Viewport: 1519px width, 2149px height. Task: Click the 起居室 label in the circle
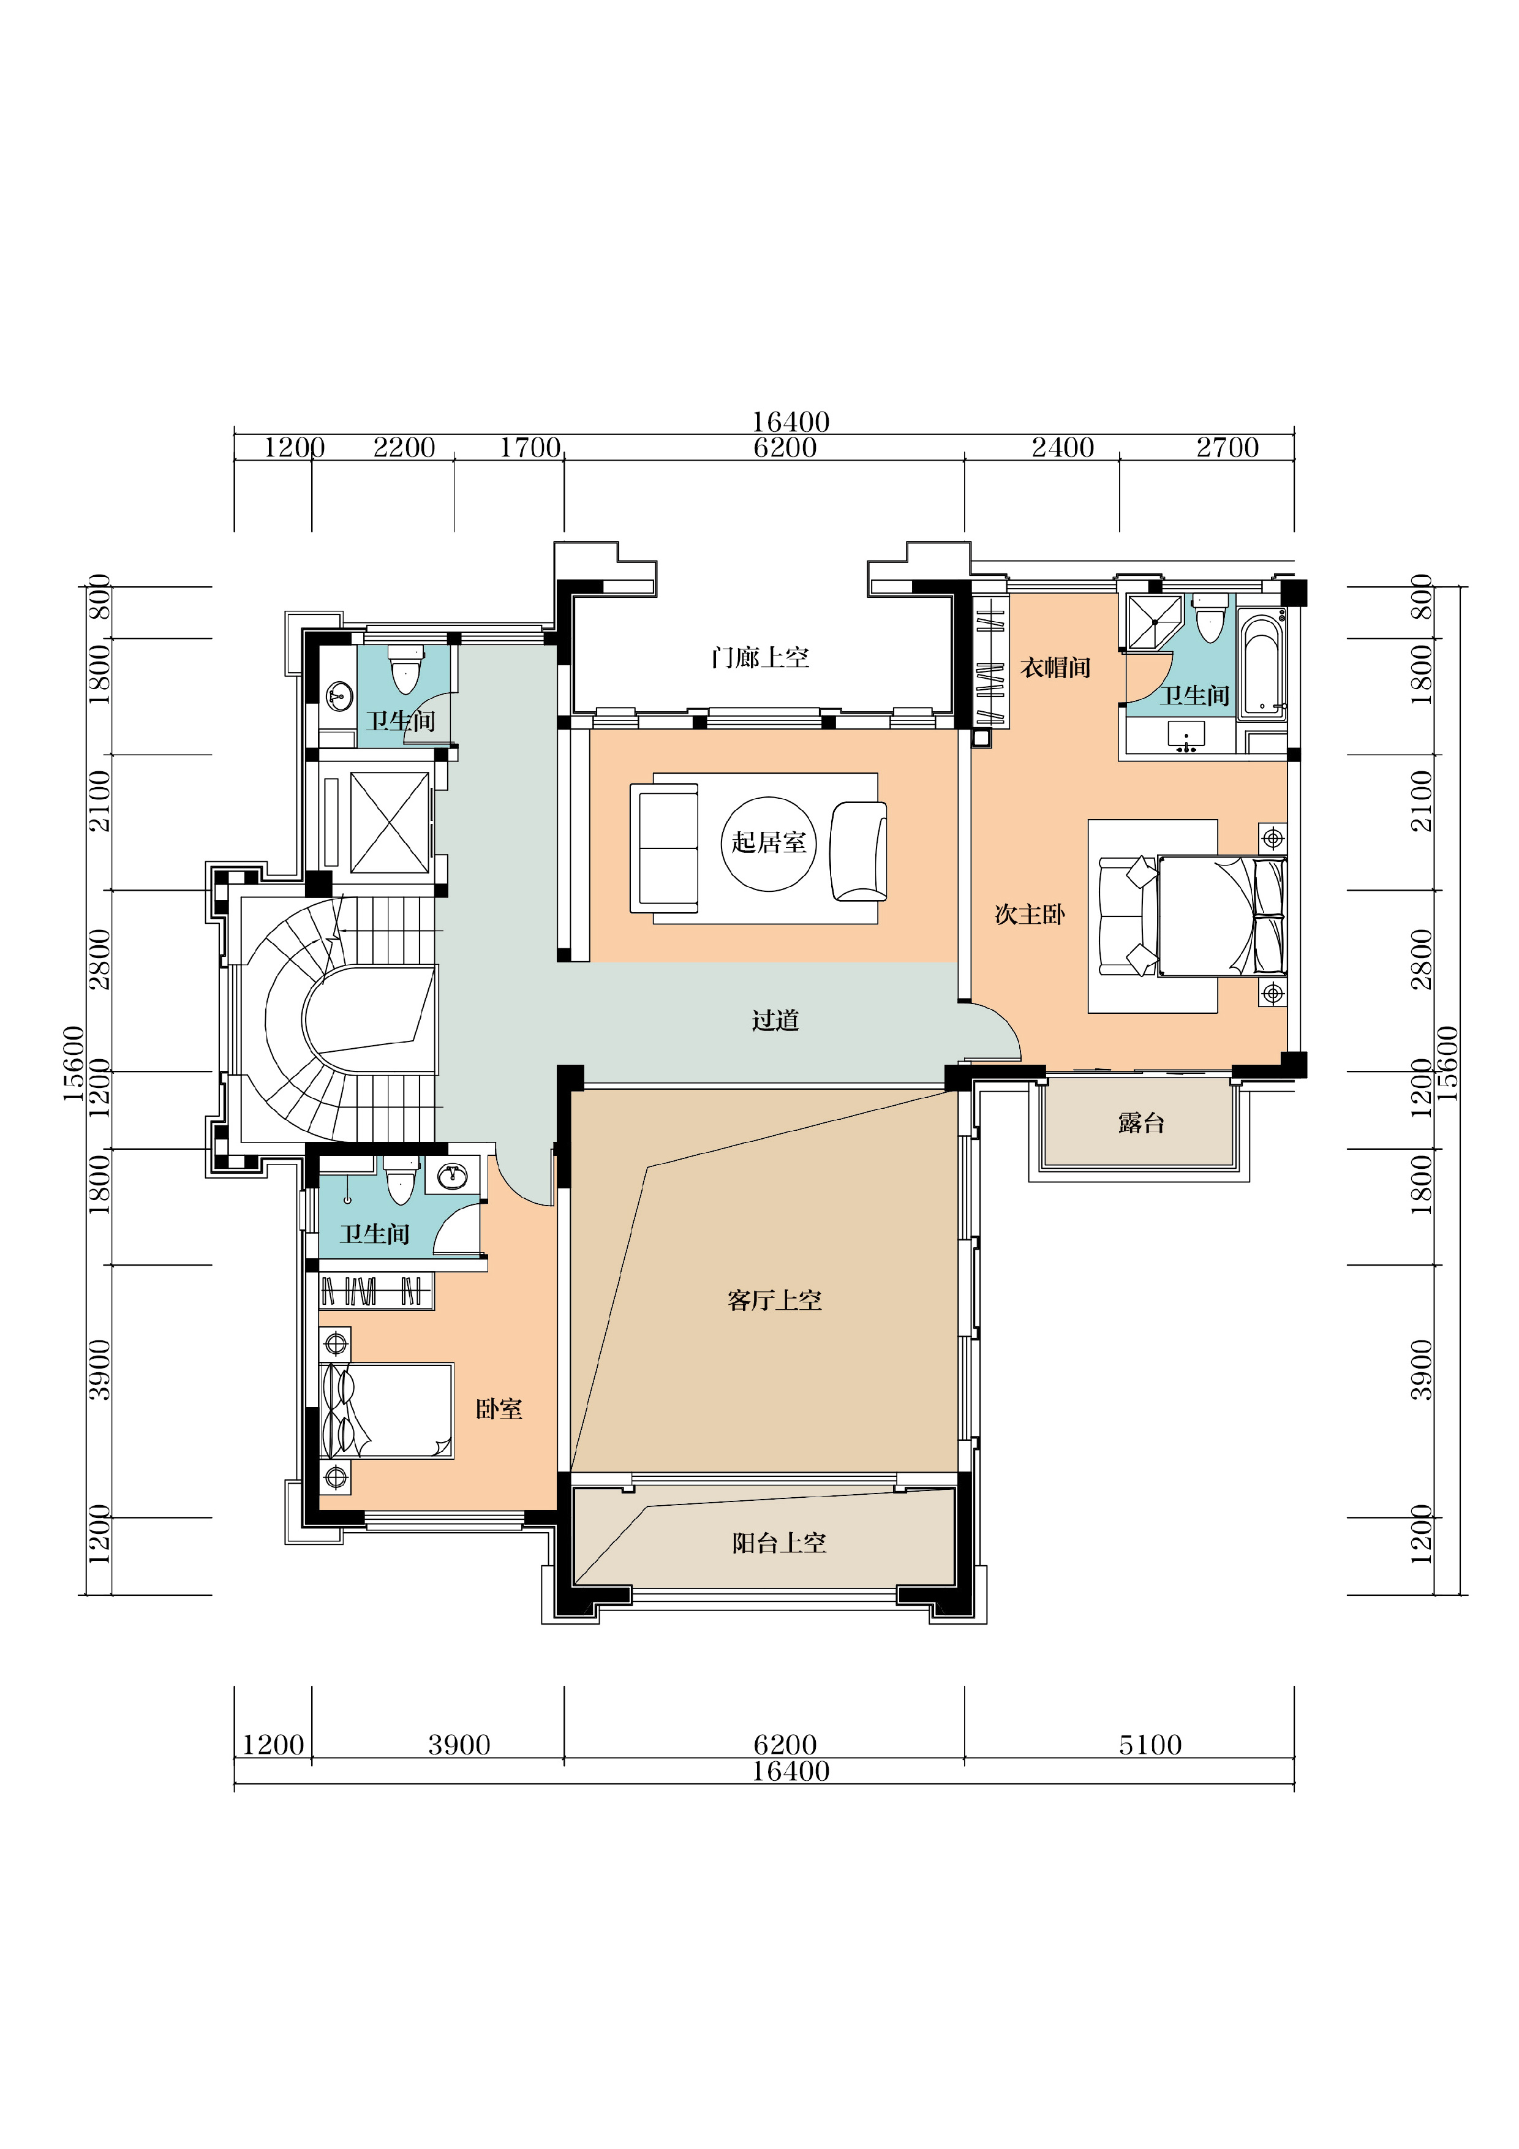769,842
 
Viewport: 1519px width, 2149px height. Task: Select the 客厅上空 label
774,1300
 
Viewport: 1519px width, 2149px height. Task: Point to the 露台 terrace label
1141,1123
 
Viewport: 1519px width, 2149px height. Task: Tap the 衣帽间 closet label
1056,667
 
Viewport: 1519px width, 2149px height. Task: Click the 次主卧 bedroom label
1030,915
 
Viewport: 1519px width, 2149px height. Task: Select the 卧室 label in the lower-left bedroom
499,1408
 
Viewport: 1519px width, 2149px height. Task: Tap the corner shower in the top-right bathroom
1155,621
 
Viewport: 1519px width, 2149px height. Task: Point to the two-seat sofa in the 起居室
665,848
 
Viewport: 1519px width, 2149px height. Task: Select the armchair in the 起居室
858,851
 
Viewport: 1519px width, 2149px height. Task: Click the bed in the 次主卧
1221,915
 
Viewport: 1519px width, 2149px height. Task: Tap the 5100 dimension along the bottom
1150,1745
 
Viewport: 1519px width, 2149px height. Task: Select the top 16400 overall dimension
791,421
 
